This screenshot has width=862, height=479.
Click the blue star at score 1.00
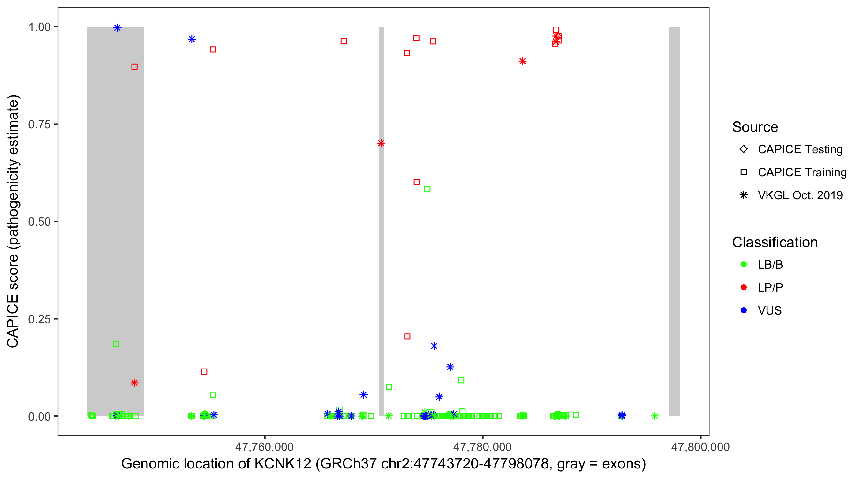point(117,28)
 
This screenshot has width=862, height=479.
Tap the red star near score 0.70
point(381,143)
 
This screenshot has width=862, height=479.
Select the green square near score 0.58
point(427,189)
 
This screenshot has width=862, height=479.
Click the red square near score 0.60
point(417,182)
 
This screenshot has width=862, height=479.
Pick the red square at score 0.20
point(407,336)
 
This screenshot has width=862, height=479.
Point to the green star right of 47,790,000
point(655,416)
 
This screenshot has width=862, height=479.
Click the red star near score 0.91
point(522,61)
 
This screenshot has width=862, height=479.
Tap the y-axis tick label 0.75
point(39,125)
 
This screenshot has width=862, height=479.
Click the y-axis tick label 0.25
point(39,319)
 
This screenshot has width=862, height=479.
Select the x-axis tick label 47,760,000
point(264,447)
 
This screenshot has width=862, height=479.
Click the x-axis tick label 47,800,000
point(700,447)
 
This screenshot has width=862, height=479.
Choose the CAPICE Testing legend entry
point(800,149)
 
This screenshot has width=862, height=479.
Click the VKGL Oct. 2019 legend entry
point(800,195)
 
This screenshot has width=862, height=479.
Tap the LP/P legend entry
point(770,287)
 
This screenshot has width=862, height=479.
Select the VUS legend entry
point(769,311)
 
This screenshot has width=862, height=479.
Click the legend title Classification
point(775,242)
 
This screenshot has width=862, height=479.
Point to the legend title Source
point(755,127)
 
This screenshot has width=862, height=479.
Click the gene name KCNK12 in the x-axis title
point(283,464)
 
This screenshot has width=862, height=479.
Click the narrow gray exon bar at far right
point(674,221)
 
